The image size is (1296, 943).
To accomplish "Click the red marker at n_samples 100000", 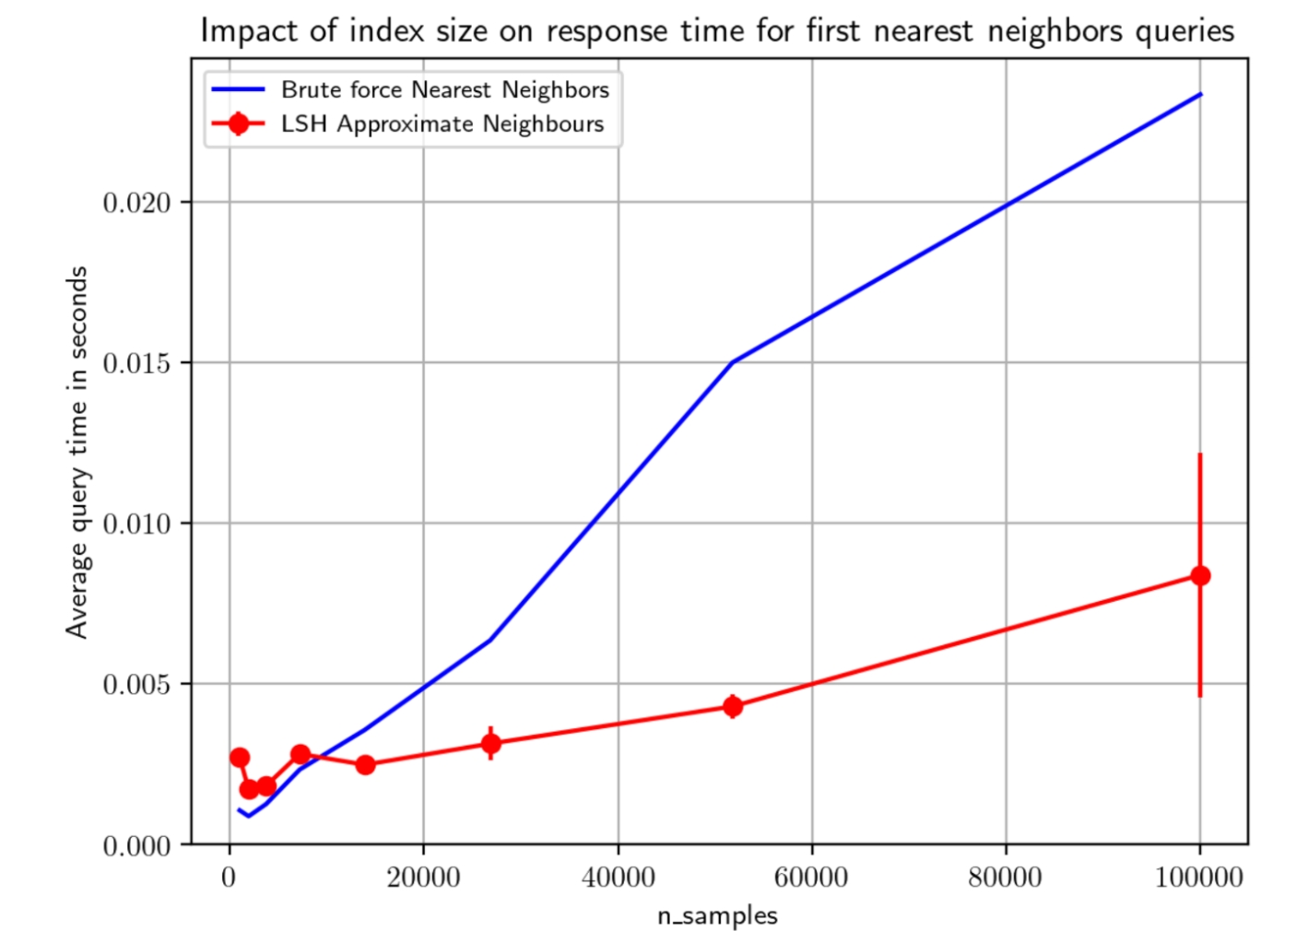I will pos(1199,575).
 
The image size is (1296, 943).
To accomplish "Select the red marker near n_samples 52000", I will pos(733,706).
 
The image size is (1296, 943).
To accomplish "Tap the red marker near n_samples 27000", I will pos(491,743).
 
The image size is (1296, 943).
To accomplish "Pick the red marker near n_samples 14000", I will pos(365,764).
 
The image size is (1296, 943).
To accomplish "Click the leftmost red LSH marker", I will pos(240,758).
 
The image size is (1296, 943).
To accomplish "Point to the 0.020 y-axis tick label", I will pos(137,203).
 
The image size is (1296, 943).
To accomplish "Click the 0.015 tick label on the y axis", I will pos(137,363).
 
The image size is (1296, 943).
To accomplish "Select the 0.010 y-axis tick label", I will pos(137,524).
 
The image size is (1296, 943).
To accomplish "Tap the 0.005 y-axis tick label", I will pos(137,684).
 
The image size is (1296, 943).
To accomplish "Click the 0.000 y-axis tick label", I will pos(137,845).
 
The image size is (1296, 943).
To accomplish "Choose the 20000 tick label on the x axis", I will pos(423,877).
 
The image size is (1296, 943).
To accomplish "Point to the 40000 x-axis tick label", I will pos(618,877).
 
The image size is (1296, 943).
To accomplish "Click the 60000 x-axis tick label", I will pos(811,877).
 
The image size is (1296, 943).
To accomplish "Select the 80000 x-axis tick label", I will pos(1005,877).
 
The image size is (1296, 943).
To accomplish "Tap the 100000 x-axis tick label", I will pos(1198,877).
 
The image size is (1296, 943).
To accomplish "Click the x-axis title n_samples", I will pos(717,915).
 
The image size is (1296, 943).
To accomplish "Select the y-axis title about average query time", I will pos(77,452).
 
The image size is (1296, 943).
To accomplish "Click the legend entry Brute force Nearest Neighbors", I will pos(444,89).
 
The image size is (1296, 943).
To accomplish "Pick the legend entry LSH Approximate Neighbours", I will pos(442,124).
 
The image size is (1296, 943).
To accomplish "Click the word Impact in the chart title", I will pos(249,30).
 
